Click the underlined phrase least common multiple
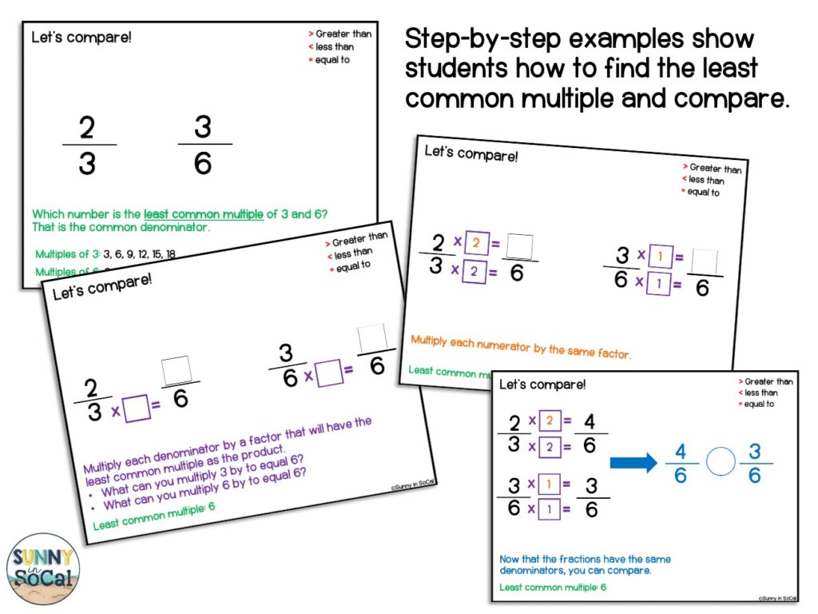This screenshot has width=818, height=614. click(203, 214)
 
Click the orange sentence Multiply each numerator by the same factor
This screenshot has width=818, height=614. click(520, 345)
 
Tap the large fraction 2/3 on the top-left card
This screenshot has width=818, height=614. click(88, 145)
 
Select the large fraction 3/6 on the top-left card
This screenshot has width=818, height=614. click(204, 145)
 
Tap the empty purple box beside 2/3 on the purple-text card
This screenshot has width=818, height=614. click(137, 409)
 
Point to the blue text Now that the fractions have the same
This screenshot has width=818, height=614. click(585, 559)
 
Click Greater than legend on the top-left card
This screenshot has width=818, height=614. click(342, 34)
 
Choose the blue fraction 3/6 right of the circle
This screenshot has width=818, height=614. click(755, 463)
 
